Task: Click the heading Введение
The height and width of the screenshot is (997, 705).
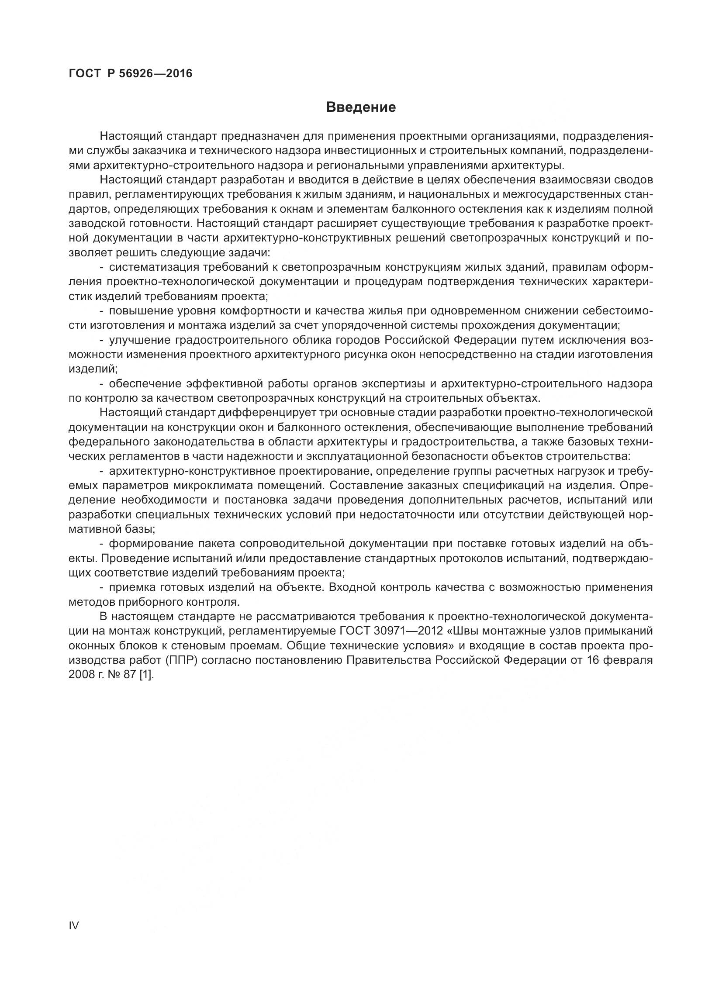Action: (361, 107)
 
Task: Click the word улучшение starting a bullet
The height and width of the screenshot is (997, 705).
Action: (139, 340)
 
